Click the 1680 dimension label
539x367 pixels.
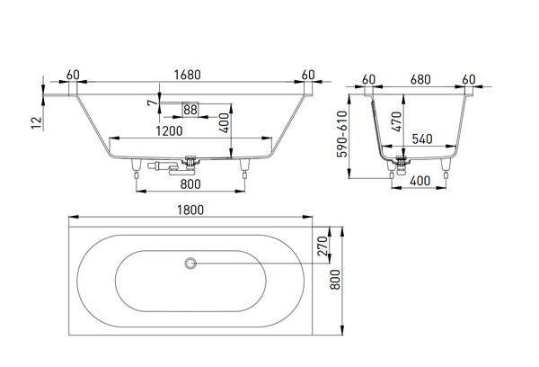187,75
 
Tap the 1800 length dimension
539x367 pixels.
190,210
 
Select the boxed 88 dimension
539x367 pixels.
190,110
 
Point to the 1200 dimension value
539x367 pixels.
169,131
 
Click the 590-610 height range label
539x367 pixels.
342,134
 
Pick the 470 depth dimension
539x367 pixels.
397,121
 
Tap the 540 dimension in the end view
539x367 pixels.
422,139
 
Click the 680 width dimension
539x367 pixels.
420,79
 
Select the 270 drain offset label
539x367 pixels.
323,246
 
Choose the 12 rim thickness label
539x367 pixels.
37,123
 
